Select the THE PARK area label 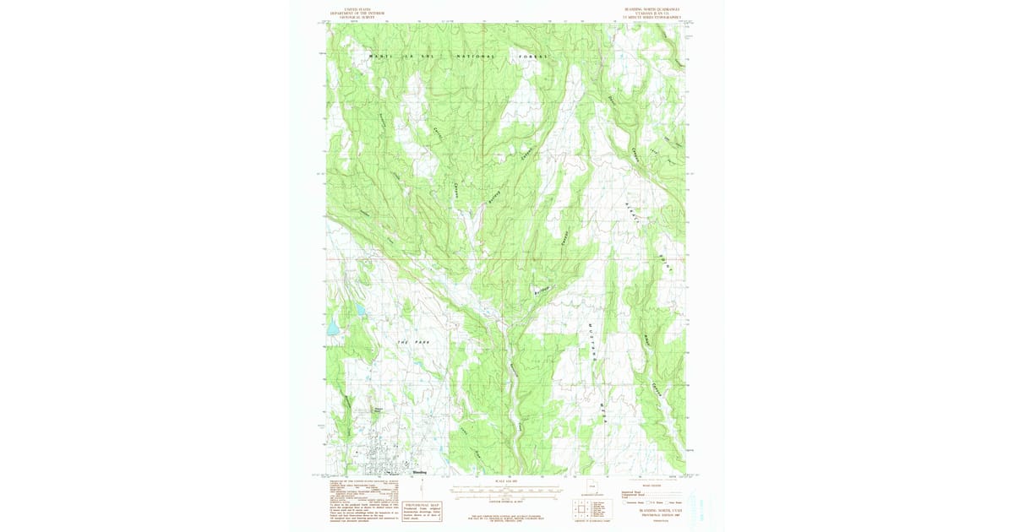click(413, 341)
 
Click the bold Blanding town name click(418, 472)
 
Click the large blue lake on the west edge click(332, 326)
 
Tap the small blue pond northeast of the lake click(361, 310)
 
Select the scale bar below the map click(505, 488)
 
